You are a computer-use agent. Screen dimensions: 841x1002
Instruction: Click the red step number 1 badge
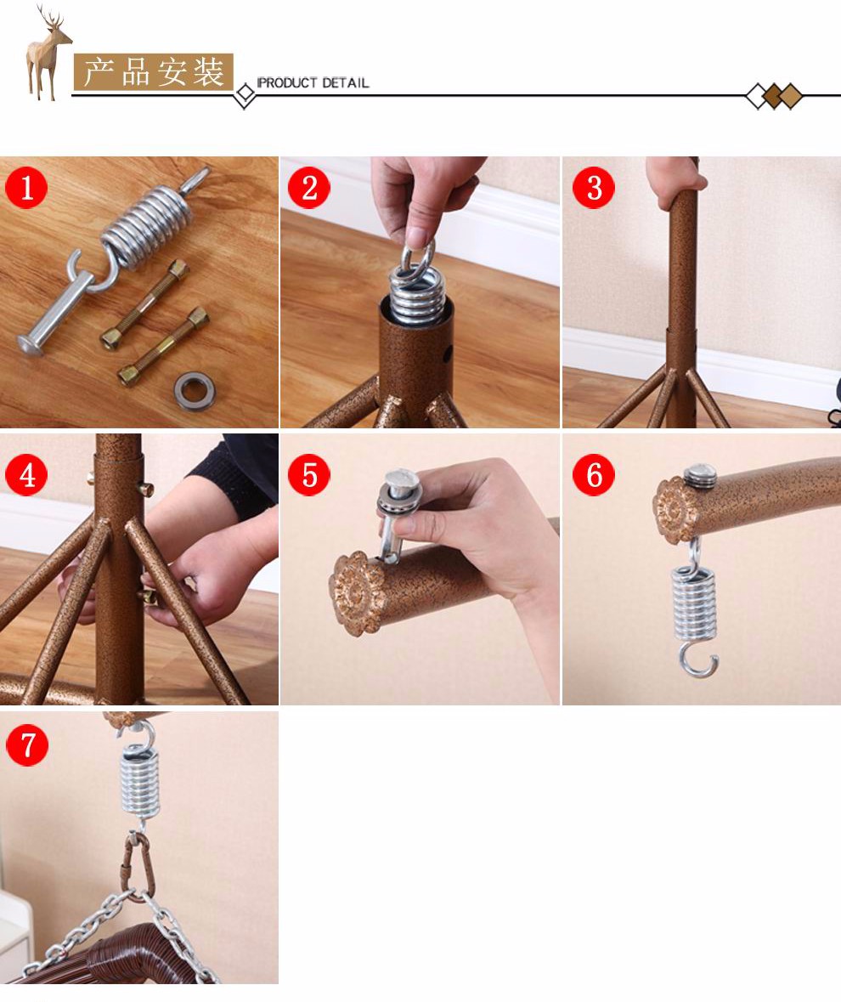[x=26, y=187]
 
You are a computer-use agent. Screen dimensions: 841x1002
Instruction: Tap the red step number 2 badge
[x=309, y=187]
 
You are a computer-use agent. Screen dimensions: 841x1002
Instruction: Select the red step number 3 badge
[x=593, y=187]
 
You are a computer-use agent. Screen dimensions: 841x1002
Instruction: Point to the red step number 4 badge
[x=26, y=474]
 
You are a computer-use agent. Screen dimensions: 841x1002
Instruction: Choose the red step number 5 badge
[x=309, y=474]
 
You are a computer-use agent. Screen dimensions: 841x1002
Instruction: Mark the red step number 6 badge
[x=593, y=474]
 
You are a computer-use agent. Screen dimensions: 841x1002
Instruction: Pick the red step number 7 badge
[x=27, y=744]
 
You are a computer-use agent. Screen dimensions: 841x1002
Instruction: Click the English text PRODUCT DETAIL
[x=313, y=82]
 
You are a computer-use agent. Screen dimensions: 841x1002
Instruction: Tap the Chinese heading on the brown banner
[x=153, y=71]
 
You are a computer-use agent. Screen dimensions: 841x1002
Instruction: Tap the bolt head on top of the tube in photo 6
[x=701, y=477]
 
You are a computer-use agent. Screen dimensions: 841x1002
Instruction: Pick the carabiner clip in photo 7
[x=138, y=865]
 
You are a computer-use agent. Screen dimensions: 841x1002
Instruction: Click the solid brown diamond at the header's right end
[x=791, y=96]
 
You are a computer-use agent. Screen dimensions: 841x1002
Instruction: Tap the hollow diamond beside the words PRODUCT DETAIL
[x=245, y=95]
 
